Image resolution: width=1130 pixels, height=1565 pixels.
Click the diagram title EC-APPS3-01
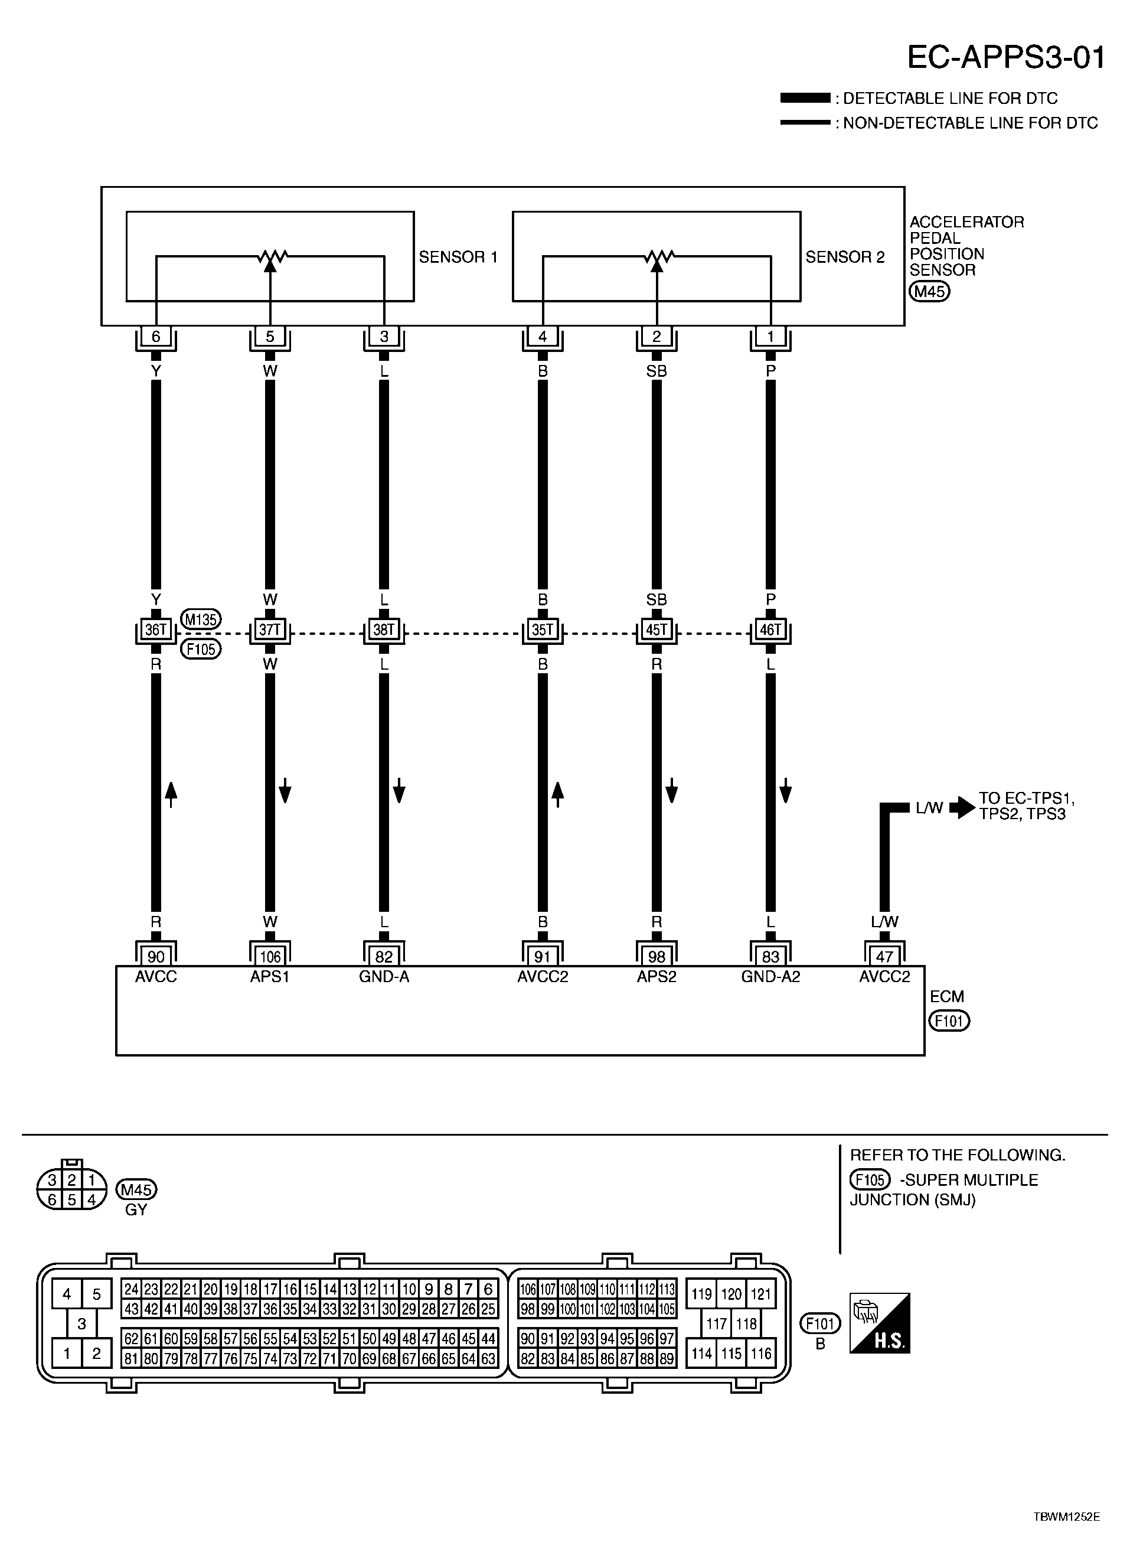click(x=1006, y=57)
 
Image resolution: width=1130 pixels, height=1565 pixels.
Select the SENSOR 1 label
click(x=458, y=257)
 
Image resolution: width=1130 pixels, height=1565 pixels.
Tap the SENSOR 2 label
click(x=845, y=257)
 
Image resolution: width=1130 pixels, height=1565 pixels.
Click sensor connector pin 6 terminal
click(x=156, y=337)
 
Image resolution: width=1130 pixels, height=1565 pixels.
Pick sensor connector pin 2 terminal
click(x=657, y=337)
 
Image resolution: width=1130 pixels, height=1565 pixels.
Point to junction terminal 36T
click(x=156, y=630)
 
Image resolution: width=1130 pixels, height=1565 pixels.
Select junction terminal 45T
click(x=657, y=630)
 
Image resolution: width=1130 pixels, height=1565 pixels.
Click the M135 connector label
click(x=201, y=620)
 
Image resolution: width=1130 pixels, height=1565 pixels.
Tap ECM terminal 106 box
click(x=270, y=956)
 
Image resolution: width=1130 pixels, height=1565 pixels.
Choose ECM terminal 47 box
click(x=884, y=956)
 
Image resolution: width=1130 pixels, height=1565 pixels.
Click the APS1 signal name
click(x=270, y=977)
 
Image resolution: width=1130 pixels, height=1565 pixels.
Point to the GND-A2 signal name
click(x=770, y=977)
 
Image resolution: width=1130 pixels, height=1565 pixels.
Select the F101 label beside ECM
click(x=949, y=1020)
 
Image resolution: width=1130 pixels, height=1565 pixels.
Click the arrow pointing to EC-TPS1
click(x=962, y=808)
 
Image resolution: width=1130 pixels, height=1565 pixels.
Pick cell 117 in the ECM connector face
click(x=716, y=1323)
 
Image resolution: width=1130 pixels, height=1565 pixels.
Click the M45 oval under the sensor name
click(x=929, y=291)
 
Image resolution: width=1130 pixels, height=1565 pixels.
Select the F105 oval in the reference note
click(x=870, y=1179)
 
